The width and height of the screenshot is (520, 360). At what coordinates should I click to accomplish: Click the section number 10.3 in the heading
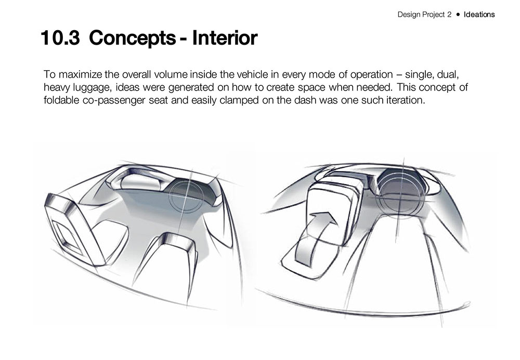60,37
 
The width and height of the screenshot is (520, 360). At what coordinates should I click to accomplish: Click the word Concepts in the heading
132,38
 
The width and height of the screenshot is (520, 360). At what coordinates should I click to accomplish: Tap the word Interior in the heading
225,37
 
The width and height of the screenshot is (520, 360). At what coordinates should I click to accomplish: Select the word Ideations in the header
479,15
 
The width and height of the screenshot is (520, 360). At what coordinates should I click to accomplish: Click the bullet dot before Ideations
458,15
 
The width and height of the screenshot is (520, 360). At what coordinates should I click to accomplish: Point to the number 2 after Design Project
449,15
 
